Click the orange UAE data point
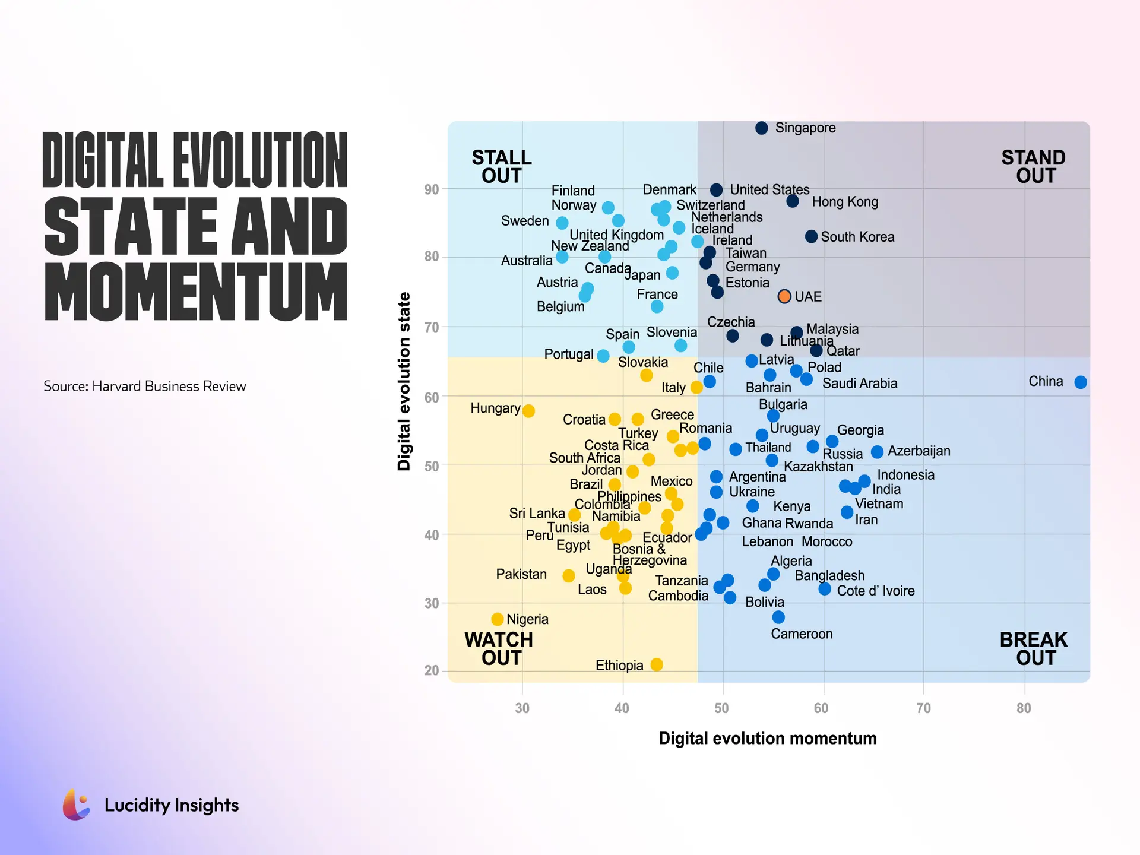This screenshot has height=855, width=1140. pos(784,296)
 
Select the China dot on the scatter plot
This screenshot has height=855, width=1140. pos(1081,382)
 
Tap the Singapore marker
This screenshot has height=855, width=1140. pos(762,128)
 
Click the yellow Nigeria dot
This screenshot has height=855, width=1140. pos(498,619)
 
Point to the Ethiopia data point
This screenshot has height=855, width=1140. pos(657,664)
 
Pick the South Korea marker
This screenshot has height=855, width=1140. pos(811,236)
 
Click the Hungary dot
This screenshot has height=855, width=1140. pos(528,411)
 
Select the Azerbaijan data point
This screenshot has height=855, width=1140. pos(877,452)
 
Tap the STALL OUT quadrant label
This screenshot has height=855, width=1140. pos(502,167)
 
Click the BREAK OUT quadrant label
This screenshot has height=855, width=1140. pos(1033,648)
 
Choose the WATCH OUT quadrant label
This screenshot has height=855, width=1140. pos(499,648)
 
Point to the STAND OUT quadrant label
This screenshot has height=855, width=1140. pos(1033,167)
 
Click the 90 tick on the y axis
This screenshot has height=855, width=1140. pos(432,189)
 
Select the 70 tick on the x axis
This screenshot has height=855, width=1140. pos(923,708)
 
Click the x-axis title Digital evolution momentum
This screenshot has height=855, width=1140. pos(767,738)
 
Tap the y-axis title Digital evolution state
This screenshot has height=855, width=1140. pos(404,381)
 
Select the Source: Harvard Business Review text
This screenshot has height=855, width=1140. pos(144,386)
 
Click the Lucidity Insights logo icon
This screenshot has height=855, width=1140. pos(77,805)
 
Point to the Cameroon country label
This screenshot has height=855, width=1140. pos(802,634)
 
